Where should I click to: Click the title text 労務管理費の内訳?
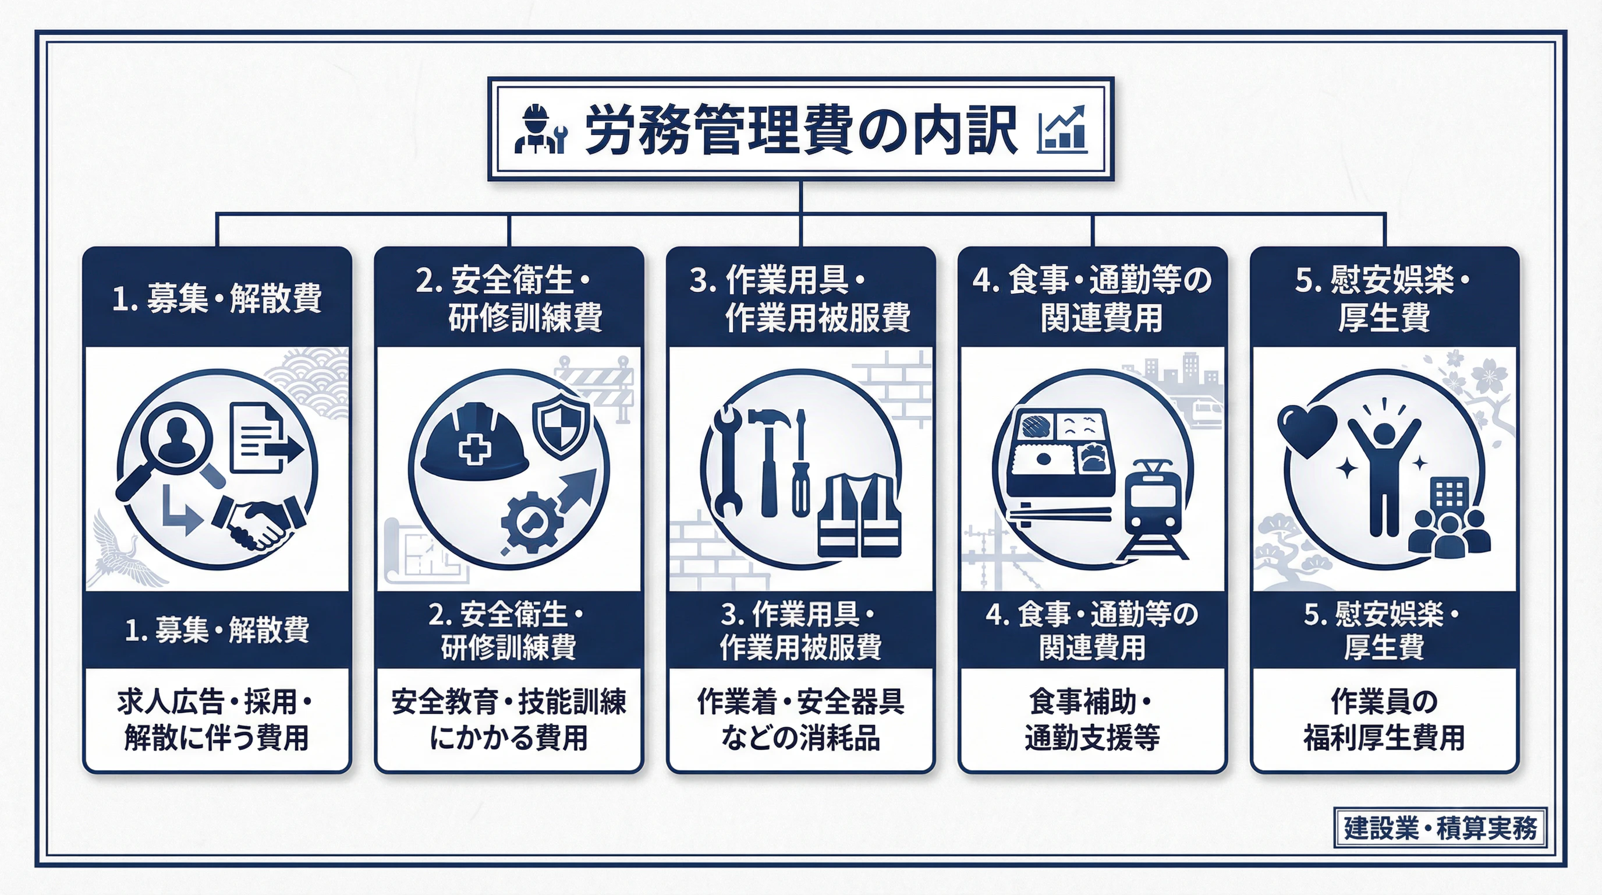click(x=801, y=129)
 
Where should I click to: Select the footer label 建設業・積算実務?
click(x=1440, y=828)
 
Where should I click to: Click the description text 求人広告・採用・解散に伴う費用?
click(x=217, y=720)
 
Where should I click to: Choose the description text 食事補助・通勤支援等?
click(x=1092, y=720)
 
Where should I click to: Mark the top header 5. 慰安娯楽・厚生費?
click(x=1384, y=298)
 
